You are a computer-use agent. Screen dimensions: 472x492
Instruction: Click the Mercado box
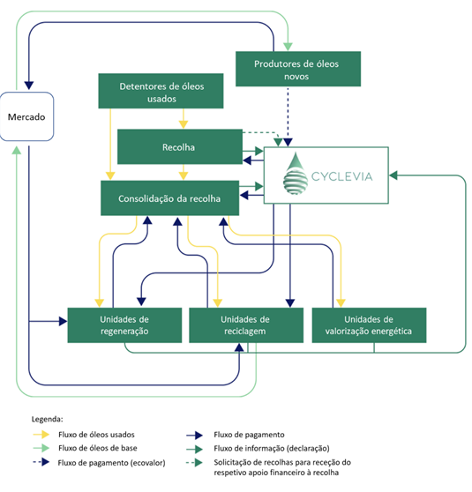click(27, 116)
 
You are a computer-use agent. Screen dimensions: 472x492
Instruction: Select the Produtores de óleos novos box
click(298, 69)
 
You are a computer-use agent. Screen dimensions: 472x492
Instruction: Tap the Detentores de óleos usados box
click(161, 91)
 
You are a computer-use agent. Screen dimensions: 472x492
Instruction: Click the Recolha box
click(180, 146)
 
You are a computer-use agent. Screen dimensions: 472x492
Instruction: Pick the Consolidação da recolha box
click(170, 198)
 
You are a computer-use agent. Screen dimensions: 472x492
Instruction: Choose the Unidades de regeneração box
click(124, 325)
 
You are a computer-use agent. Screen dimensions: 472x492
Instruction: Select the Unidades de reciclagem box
click(246, 325)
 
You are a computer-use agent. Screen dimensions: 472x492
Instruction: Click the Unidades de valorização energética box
click(369, 325)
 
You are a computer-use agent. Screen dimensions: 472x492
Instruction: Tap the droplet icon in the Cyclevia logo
click(296, 174)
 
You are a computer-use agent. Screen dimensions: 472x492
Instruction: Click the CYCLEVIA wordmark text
click(341, 176)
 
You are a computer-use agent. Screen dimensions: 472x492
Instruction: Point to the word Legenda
click(47, 419)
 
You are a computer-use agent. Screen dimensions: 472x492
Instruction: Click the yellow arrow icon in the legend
click(41, 435)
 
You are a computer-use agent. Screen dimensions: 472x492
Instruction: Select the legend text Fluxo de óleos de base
click(98, 448)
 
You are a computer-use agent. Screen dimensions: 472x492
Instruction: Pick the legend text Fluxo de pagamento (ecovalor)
click(111, 463)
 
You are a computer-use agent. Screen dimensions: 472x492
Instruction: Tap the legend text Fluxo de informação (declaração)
click(272, 449)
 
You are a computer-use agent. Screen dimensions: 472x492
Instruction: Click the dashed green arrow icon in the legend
click(194, 463)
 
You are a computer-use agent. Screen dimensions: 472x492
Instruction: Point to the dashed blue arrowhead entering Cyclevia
click(288, 143)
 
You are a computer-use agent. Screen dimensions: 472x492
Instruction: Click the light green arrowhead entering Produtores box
click(288, 47)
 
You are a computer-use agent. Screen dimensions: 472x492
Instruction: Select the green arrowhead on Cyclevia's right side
click(393, 175)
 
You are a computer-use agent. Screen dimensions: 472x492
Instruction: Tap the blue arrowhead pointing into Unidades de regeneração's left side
click(64, 321)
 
